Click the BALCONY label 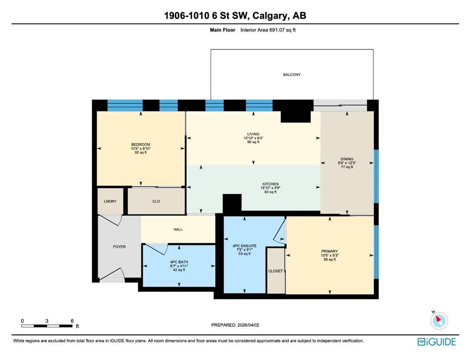(x=291, y=75)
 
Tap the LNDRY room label (x=110, y=201)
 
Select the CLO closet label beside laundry (x=156, y=201)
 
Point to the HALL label (x=178, y=229)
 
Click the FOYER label (x=119, y=247)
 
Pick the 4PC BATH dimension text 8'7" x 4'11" (x=179, y=266)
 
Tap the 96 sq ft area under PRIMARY (x=329, y=260)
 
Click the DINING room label (x=347, y=159)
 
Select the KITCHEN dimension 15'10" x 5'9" (x=270, y=188)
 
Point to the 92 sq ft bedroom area (x=141, y=153)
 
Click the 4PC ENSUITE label (x=244, y=246)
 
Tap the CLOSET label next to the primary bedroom (x=275, y=271)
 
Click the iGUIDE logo (x=436, y=342)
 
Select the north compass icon (x=439, y=320)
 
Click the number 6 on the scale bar (x=72, y=321)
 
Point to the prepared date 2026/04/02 (x=248, y=325)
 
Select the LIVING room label (x=253, y=134)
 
